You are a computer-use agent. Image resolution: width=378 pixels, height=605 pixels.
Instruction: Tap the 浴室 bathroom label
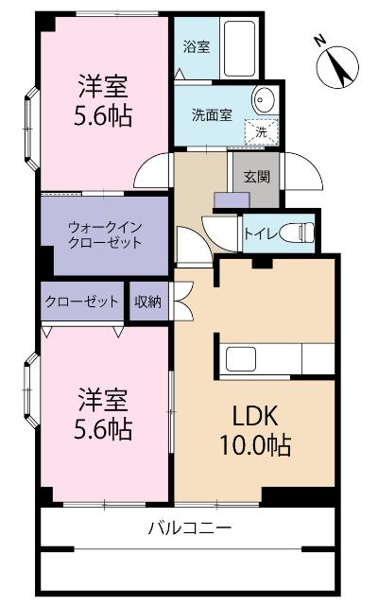coord(197,44)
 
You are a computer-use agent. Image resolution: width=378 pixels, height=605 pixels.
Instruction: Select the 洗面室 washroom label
coord(212,115)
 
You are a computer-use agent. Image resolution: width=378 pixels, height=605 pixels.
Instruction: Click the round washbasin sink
coord(263,101)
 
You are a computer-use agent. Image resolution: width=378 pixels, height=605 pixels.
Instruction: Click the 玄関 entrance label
coord(255,176)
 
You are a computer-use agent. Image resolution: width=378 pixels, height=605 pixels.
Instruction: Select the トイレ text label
coord(259,233)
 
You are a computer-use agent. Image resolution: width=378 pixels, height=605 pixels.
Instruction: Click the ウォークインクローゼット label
coord(104,233)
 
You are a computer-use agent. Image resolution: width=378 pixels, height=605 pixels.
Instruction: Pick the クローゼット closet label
coord(81,302)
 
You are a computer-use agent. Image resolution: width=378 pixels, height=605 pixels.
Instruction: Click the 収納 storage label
coord(147,302)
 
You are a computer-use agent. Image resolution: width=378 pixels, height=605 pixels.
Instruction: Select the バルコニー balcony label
coord(189,527)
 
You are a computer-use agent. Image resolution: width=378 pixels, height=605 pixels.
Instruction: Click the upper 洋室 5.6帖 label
coord(104,102)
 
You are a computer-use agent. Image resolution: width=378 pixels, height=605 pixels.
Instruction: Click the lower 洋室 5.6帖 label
coord(104,414)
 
